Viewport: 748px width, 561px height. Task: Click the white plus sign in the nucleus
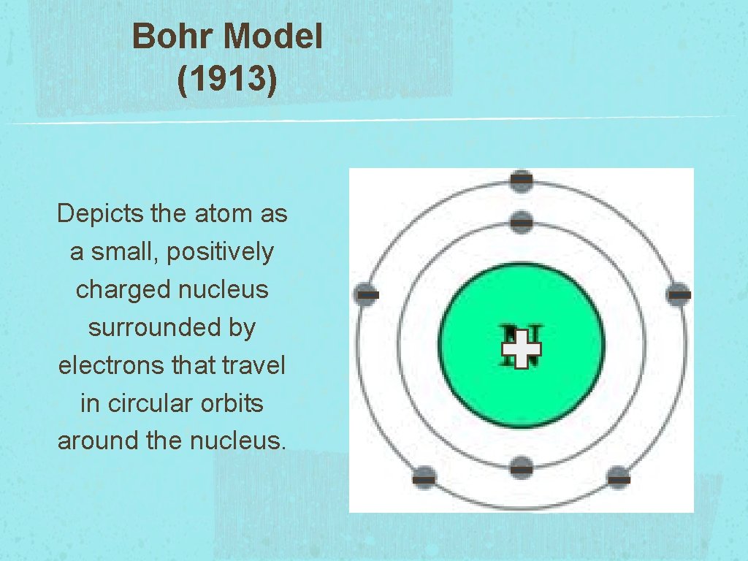pos(521,348)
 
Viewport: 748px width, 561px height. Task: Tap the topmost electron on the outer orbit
pos(521,180)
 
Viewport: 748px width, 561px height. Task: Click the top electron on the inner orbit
pos(521,221)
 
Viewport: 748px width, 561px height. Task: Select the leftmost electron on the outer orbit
pos(367,294)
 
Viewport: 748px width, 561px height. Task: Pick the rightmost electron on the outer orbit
pos(679,294)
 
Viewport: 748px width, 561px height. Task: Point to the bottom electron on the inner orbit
pos(521,466)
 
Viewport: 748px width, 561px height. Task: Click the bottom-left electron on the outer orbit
pos(424,478)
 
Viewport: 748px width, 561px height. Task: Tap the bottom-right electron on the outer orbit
pos(618,478)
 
